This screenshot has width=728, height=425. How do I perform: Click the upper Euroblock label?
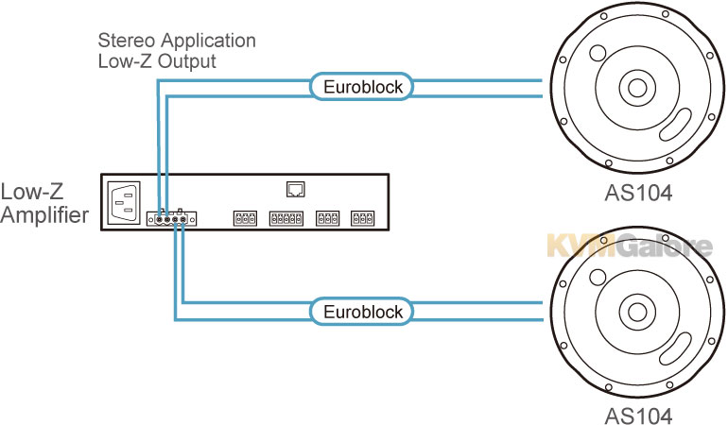coord(363,87)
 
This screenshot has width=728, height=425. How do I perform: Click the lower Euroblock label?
coord(363,312)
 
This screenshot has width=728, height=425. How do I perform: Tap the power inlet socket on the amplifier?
coord(124,202)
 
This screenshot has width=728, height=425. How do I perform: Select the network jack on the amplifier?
coord(295,189)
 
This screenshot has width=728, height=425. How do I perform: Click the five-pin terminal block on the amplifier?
coord(286,218)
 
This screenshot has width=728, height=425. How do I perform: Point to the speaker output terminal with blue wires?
coord(172,218)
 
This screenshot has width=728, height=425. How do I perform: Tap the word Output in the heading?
coord(186,61)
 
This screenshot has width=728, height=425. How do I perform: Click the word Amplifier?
coord(44,214)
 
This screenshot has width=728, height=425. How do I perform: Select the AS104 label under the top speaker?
coord(638,193)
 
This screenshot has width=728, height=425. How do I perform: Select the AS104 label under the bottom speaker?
coord(638,416)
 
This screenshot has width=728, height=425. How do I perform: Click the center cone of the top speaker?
coord(636,87)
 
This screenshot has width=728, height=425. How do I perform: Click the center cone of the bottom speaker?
coord(636,312)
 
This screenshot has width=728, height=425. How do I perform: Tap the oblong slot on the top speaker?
coord(676,125)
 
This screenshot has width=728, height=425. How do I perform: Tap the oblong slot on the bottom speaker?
coord(676,348)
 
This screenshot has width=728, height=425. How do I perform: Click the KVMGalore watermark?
coord(630,246)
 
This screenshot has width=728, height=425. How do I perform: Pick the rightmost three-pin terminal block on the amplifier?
coord(362,218)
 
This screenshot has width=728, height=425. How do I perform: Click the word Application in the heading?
coord(208,42)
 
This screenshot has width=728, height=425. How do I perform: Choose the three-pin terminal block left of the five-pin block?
coord(245,218)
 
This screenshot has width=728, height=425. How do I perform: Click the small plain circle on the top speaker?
coord(598,53)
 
